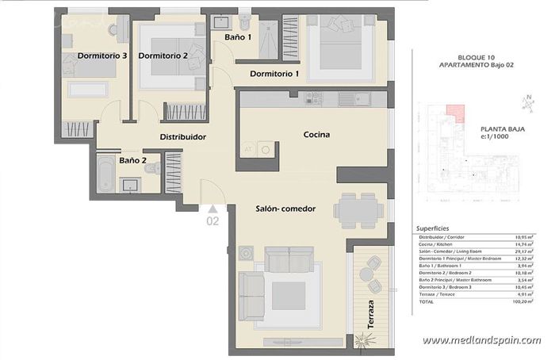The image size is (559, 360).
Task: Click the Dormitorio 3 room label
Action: coord(102,56)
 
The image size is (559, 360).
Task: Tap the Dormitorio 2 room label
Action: coord(163,56)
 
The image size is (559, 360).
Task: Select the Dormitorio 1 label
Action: coord(274,74)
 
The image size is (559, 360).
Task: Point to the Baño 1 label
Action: coord(238,37)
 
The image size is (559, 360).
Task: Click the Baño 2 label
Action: coord(132,160)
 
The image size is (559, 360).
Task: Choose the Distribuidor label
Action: coord(183,137)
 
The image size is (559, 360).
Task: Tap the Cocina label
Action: coord(316,135)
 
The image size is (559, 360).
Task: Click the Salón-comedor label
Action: coord(285,209)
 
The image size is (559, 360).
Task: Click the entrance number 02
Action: coord(212,221)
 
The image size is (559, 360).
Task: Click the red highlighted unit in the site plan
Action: coord(454,114)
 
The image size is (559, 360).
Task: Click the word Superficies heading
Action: coord(434,228)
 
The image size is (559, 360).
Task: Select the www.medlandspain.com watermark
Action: coord(481,340)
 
